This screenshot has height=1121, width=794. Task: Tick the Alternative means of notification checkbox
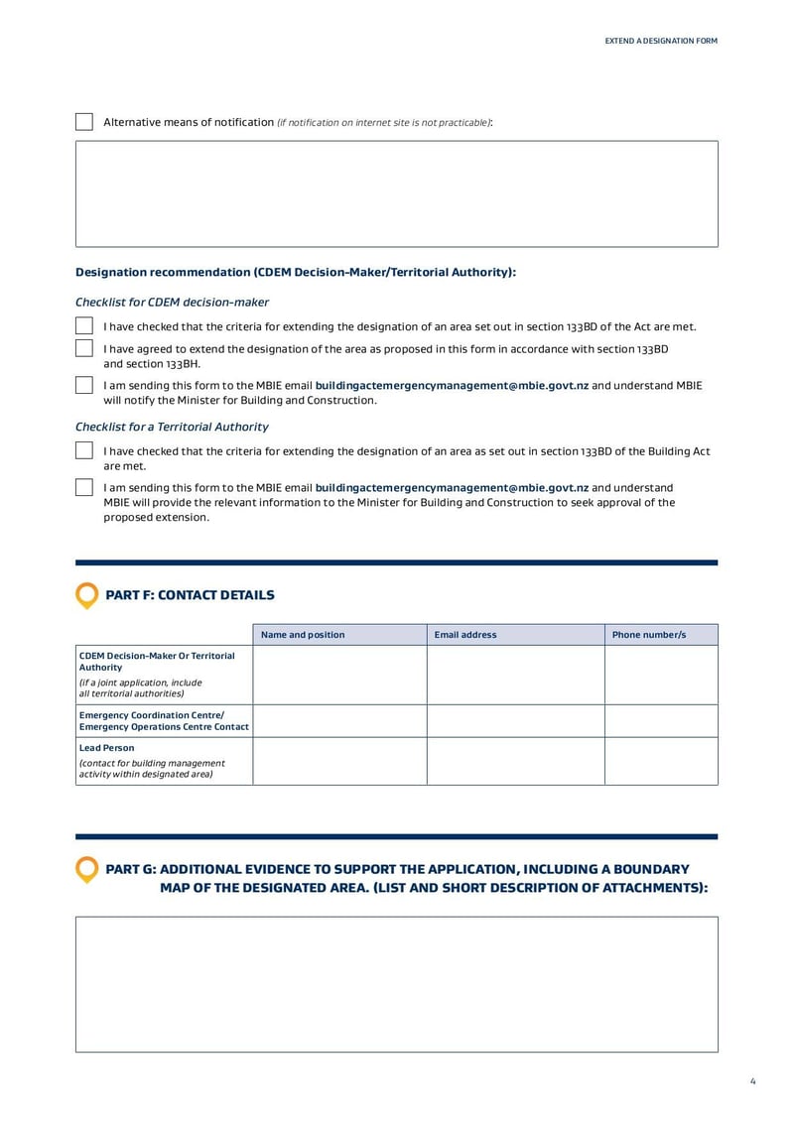pyautogui.click(x=84, y=122)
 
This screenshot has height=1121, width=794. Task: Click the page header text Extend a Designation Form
pyautogui.click(x=661, y=41)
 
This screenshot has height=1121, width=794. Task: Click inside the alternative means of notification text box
pyautogui.click(x=396, y=193)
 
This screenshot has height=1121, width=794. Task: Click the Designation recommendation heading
pyautogui.click(x=296, y=272)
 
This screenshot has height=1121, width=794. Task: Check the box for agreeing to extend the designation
pyautogui.click(x=84, y=348)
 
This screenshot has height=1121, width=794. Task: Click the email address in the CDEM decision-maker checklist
pyautogui.click(x=452, y=386)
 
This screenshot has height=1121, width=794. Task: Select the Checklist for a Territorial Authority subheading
pyautogui.click(x=172, y=427)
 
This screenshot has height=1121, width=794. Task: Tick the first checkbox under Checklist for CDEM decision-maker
pyautogui.click(x=84, y=326)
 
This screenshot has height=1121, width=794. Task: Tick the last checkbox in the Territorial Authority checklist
pyautogui.click(x=84, y=487)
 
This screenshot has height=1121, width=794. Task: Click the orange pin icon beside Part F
pyautogui.click(x=87, y=595)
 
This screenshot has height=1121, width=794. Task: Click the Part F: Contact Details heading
pyautogui.click(x=190, y=595)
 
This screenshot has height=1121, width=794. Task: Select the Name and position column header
pyautogui.click(x=303, y=635)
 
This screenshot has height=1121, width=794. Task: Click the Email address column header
pyautogui.click(x=465, y=635)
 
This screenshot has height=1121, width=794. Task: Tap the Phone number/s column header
pyautogui.click(x=649, y=635)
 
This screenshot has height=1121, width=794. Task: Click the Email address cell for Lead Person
pyautogui.click(x=515, y=761)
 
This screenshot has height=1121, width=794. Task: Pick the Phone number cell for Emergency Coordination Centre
pyautogui.click(x=661, y=721)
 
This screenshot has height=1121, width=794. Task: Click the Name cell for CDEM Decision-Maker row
pyautogui.click(x=339, y=675)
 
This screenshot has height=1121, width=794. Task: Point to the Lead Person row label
pyautogui.click(x=107, y=748)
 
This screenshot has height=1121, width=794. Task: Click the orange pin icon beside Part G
pyautogui.click(x=87, y=869)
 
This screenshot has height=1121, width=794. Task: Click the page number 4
pyautogui.click(x=753, y=1081)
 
